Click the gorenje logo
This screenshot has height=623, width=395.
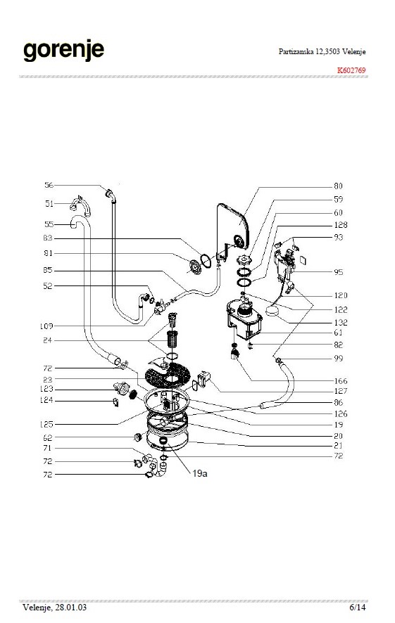[x=63, y=51]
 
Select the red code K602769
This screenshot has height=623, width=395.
[x=351, y=70]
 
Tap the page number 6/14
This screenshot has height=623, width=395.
[x=357, y=607]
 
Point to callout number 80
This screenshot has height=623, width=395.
[x=338, y=186]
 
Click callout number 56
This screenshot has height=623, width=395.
[x=49, y=185]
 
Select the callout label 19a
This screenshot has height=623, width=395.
[x=200, y=473]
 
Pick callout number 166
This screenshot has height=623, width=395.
[x=341, y=380]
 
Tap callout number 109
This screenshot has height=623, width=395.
[x=46, y=326]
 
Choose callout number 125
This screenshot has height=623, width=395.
[x=46, y=424]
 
